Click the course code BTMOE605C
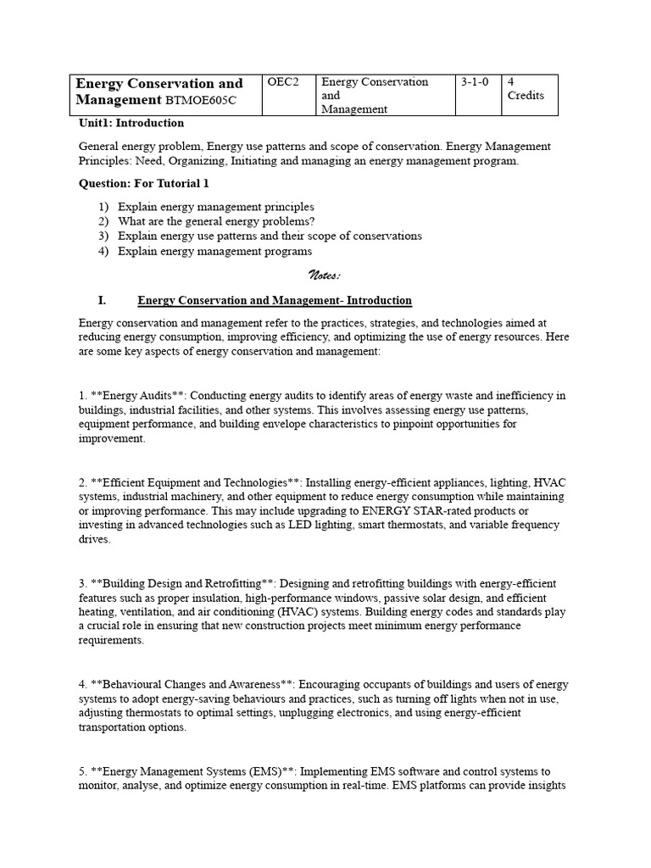pyautogui.click(x=201, y=101)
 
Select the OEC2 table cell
pyautogui.click(x=283, y=82)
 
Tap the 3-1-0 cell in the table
pyautogui.click(x=475, y=82)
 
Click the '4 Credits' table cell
pyautogui.click(x=526, y=89)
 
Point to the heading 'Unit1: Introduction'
pyautogui.click(x=131, y=123)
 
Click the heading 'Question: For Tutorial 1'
pyautogui.click(x=143, y=183)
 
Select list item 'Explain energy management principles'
pyautogui.click(x=215, y=207)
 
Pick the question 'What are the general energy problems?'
pyautogui.click(x=216, y=221)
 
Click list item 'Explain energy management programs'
pyautogui.click(x=214, y=251)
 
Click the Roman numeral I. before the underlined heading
pyautogui.click(x=102, y=300)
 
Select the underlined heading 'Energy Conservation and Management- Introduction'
pyautogui.click(x=275, y=300)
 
